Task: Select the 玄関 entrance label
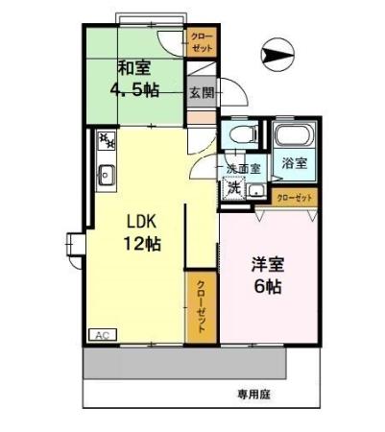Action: [201, 94]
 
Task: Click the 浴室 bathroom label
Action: [294, 162]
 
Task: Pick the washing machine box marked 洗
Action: [233, 188]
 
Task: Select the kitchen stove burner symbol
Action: [107, 142]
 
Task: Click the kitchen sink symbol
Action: [107, 174]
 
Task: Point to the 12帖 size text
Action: [141, 243]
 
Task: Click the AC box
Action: [101, 334]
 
